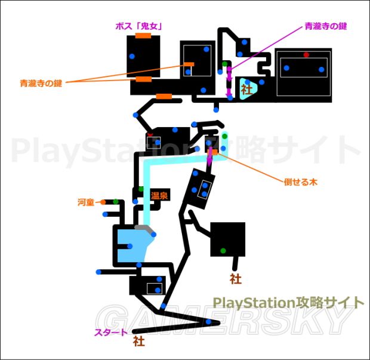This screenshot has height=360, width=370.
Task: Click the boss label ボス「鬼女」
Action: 140,26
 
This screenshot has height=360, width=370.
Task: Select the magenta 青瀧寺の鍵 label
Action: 325,26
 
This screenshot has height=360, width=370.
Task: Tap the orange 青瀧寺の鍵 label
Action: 41,84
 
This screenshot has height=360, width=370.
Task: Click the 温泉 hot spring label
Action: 159,195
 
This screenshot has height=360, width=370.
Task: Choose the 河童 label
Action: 86,202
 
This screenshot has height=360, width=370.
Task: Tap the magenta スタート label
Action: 111,333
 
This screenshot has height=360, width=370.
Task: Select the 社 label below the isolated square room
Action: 235,278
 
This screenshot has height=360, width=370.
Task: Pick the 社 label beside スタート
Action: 138,342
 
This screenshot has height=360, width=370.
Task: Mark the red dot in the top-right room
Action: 306,55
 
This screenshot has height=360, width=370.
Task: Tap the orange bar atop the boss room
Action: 143,36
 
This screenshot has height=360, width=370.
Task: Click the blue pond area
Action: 134,245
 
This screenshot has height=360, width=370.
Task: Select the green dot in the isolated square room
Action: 223,250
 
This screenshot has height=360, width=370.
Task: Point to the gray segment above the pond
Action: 143,227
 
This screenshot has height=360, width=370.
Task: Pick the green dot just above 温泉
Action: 141,189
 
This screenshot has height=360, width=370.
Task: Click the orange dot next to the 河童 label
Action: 103,202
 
